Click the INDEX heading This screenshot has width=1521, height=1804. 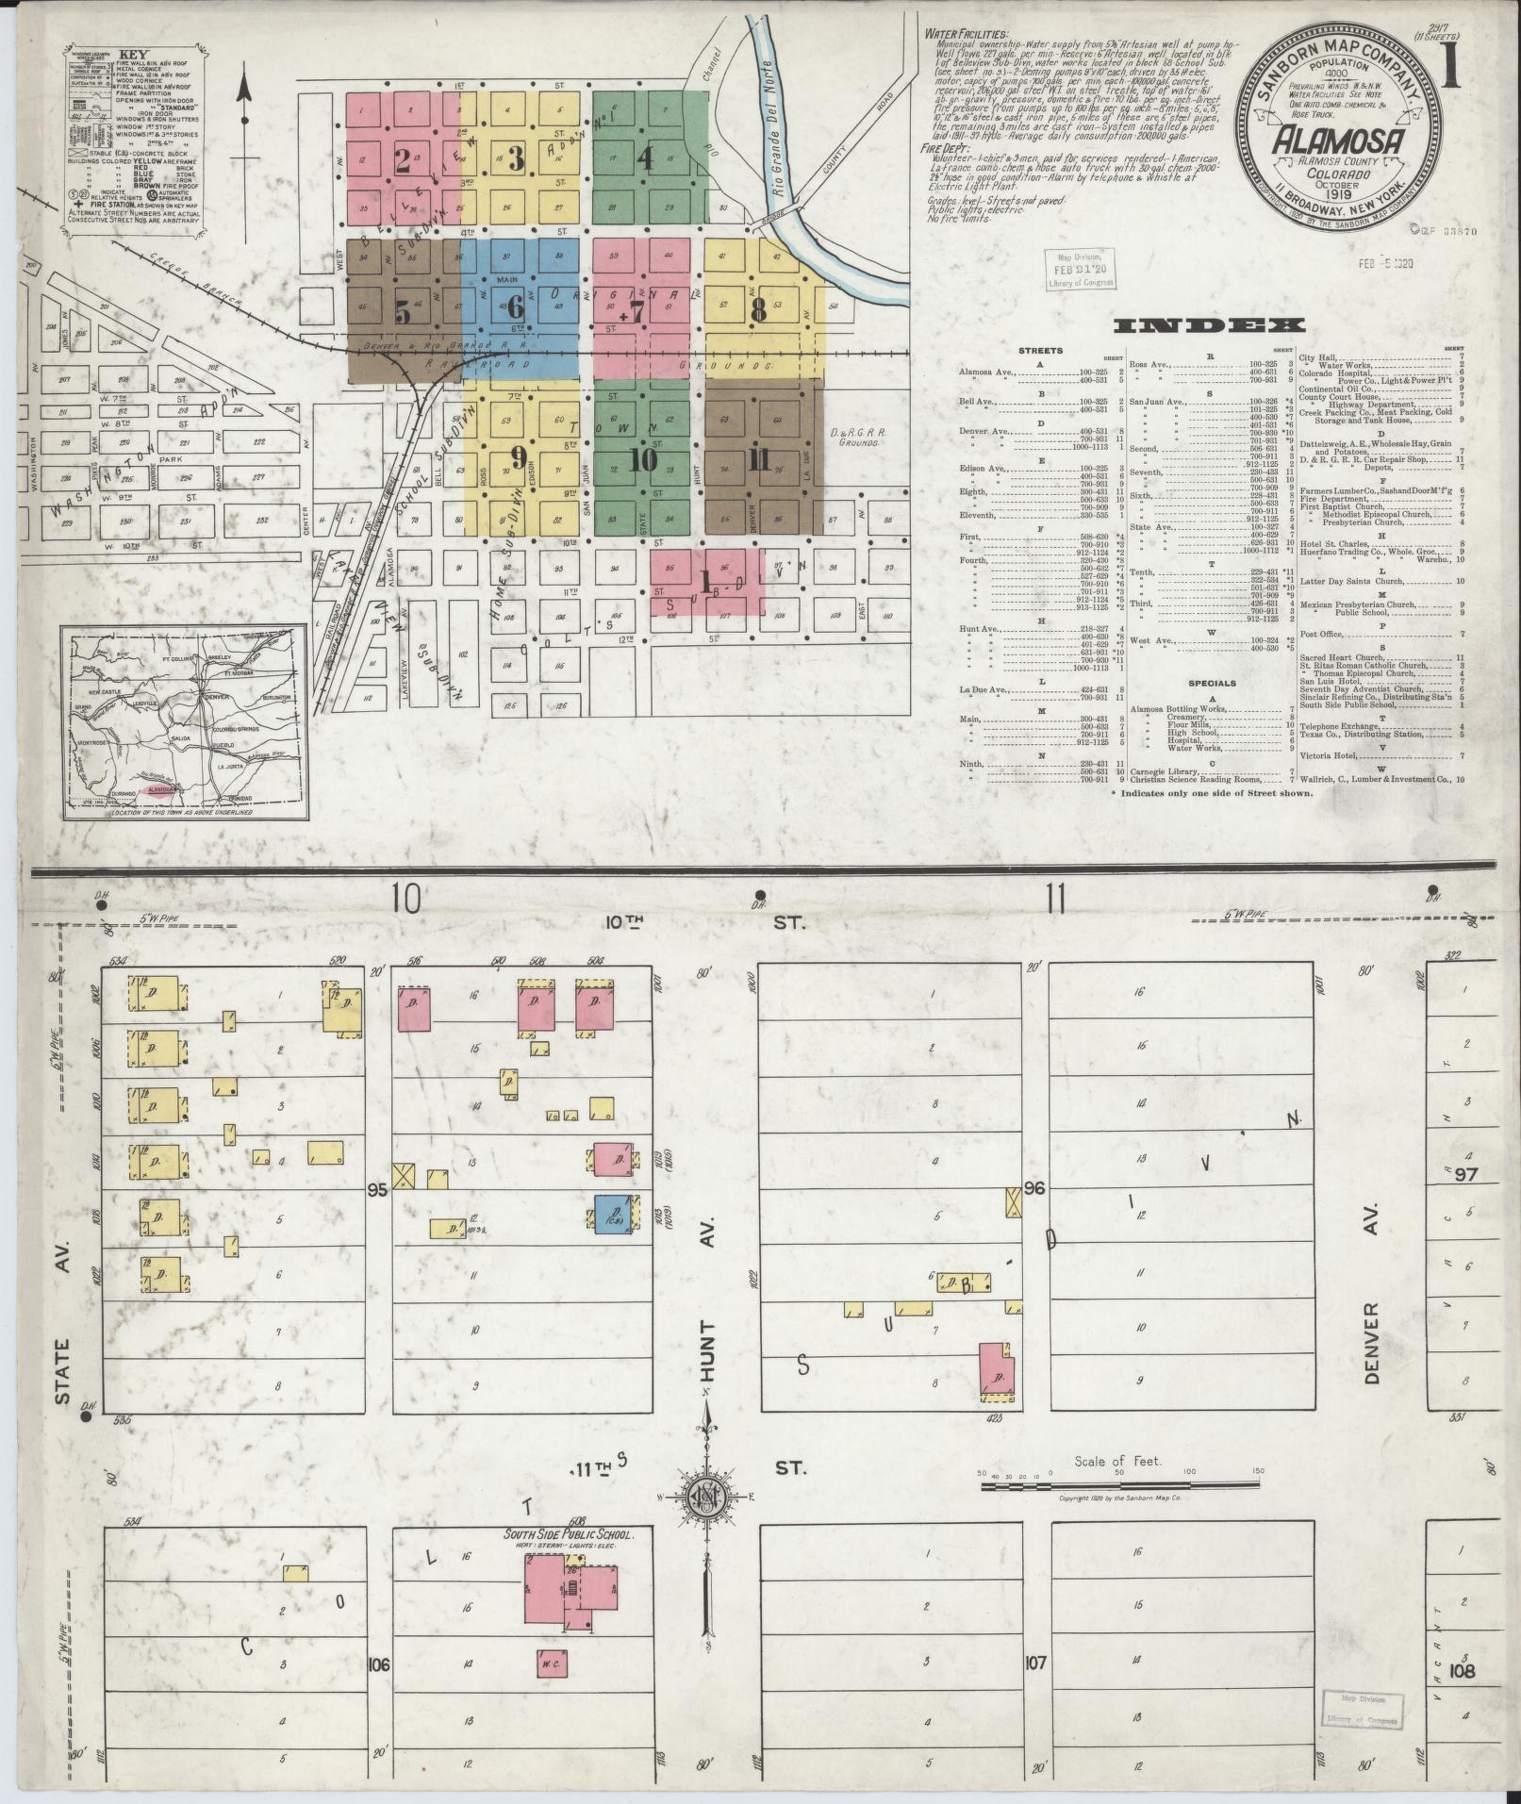coord(1211,326)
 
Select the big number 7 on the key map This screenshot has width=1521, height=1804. coord(638,312)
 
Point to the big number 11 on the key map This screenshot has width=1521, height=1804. coord(757,459)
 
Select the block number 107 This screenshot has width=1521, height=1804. coord(1035,1688)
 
